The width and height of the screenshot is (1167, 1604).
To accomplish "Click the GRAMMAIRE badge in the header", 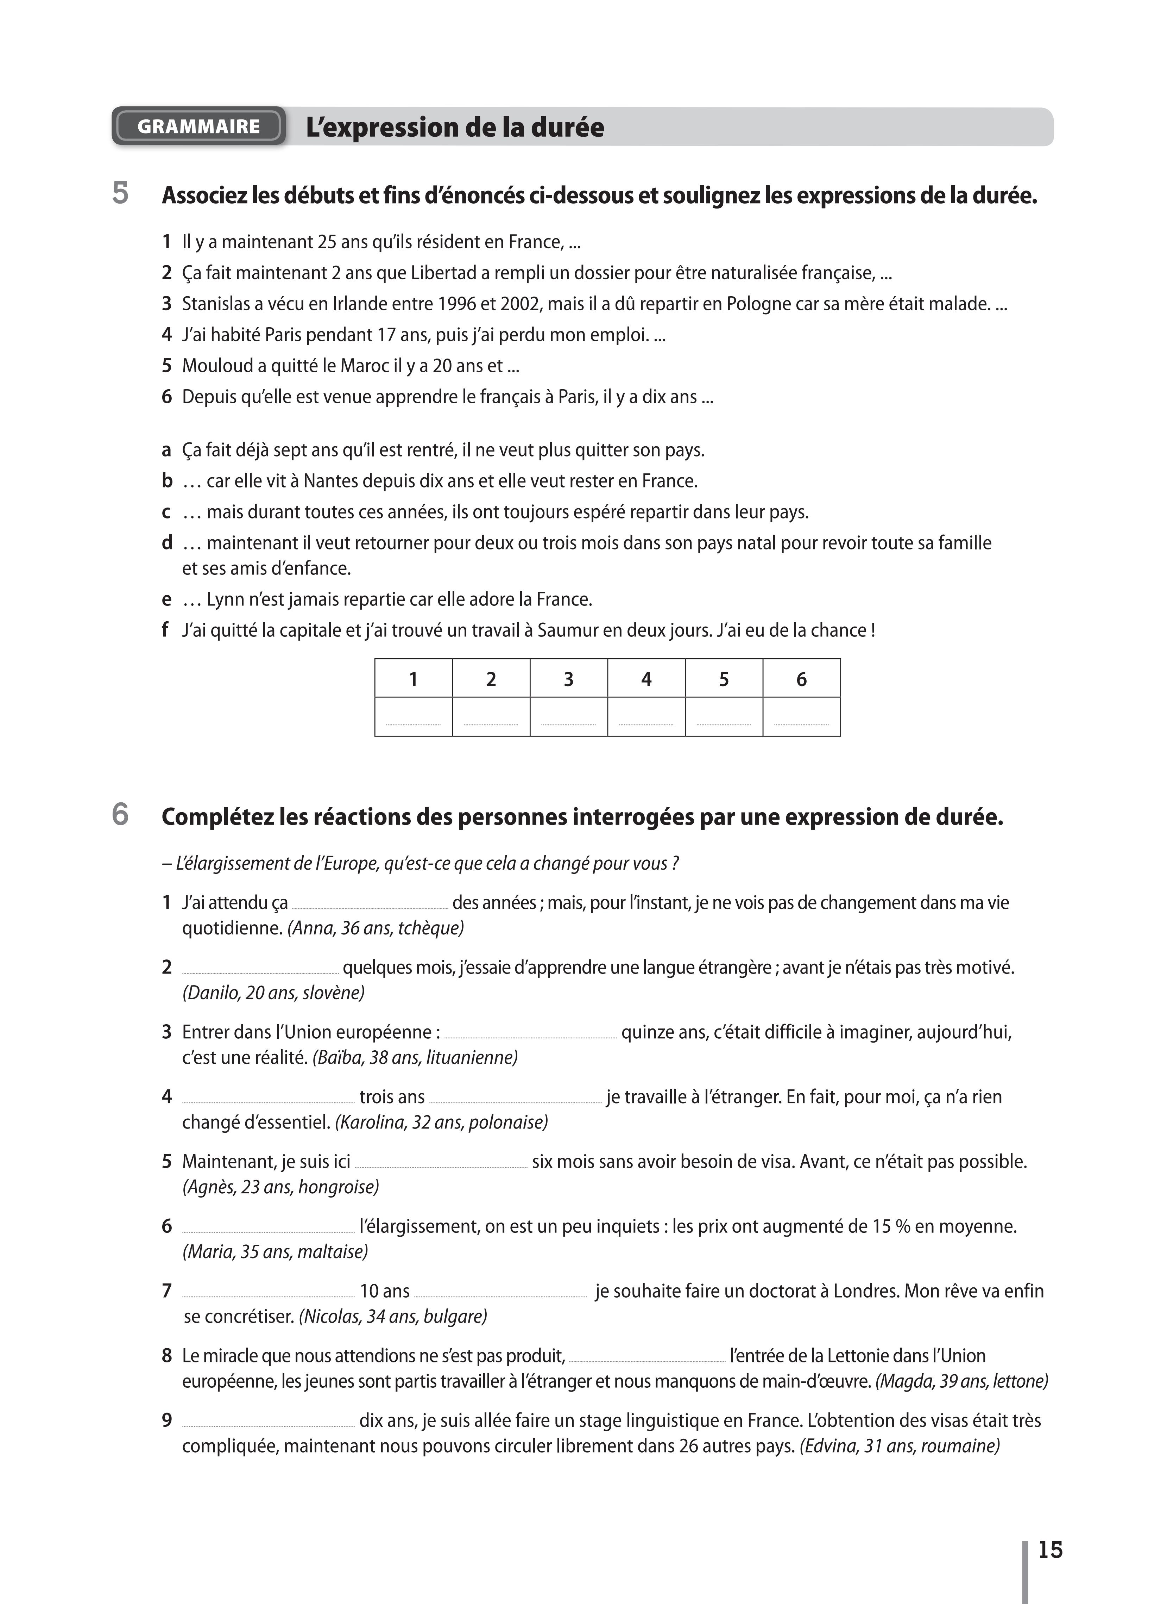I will pyautogui.click(x=198, y=126).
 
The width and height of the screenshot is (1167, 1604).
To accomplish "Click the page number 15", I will pyautogui.click(x=1051, y=1549).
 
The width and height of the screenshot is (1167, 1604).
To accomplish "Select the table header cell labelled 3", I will pyautogui.click(x=568, y=679).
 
